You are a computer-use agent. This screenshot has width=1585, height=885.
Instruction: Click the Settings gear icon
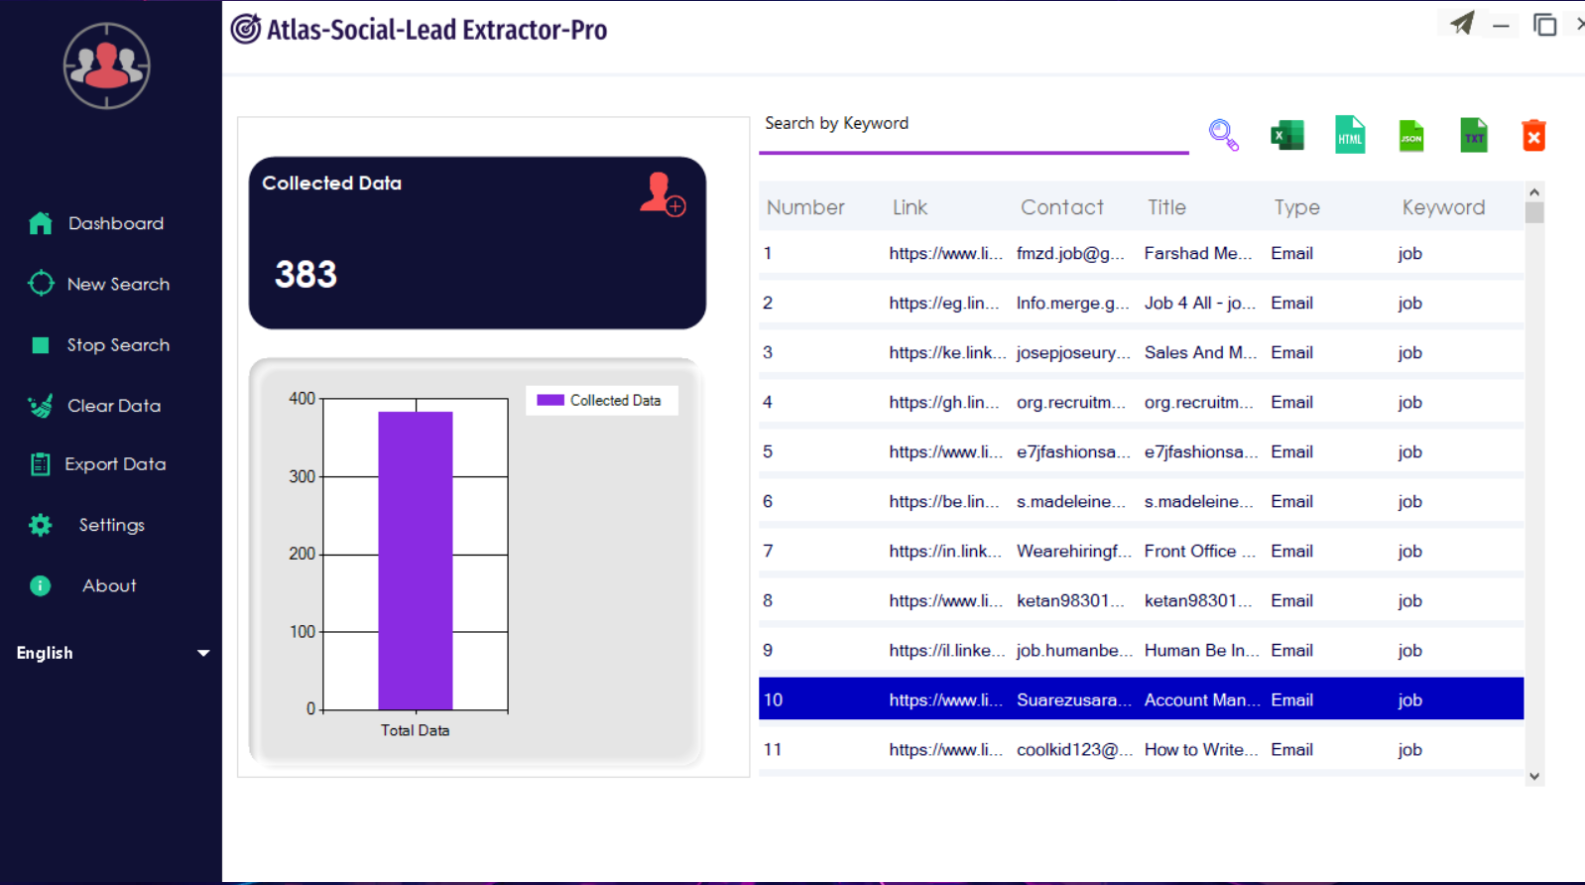[x=41, y=525]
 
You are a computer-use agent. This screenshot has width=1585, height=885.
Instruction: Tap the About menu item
[x=109, y=585]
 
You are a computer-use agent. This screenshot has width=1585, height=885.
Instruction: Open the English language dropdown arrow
[x=203, y=653]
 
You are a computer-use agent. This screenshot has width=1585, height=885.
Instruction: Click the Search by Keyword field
[x=972, y=124]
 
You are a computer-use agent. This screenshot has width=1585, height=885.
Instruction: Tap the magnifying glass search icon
[x=1223, y=135]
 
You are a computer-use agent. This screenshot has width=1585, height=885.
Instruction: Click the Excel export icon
[x=1286, y=135]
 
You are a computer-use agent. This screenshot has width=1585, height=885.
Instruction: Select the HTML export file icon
[x=1350, y=135]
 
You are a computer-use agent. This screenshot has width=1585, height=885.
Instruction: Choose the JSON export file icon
[x=1411, y=135]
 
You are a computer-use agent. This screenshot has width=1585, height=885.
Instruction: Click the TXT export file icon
[x=1474, y=135]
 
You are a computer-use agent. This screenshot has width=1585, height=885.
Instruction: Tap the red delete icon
[x=1533, y=135]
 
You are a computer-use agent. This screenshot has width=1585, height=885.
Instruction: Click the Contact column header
[x=1061, y=207]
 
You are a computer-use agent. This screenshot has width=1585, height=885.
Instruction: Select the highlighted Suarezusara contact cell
[x=1073, y=699]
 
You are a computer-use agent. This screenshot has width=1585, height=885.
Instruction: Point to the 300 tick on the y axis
[x=302, y=476]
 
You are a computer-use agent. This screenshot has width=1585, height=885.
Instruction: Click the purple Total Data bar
[x=416, y=561]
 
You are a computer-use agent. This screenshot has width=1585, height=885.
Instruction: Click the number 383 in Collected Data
[x=305, y=274]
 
